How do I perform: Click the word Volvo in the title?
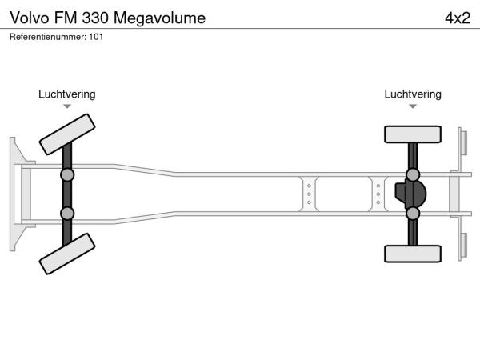point(30,18)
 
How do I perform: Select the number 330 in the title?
point(95,18)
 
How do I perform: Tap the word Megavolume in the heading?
point(159,18)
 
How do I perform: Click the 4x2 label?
point(458,18)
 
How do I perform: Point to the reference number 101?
point(96,37)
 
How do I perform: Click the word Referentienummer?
point(48,37)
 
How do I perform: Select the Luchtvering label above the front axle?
point(67,94)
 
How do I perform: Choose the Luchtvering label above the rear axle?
point(413,94)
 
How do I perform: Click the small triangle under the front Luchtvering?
point(67,106)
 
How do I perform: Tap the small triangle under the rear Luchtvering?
point(413,106)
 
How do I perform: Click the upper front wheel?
point(67,134)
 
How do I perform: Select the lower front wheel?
point(67,254)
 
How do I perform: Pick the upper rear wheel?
point(413,134)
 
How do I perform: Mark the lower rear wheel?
point(413,254)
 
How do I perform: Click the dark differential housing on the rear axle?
point(410,194)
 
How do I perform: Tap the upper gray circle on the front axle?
point(67,175)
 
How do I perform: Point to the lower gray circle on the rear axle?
point(413,214)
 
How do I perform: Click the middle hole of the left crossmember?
point(309,194)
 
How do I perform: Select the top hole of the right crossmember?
point(378,186)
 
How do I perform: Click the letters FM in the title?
point(66,18)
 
